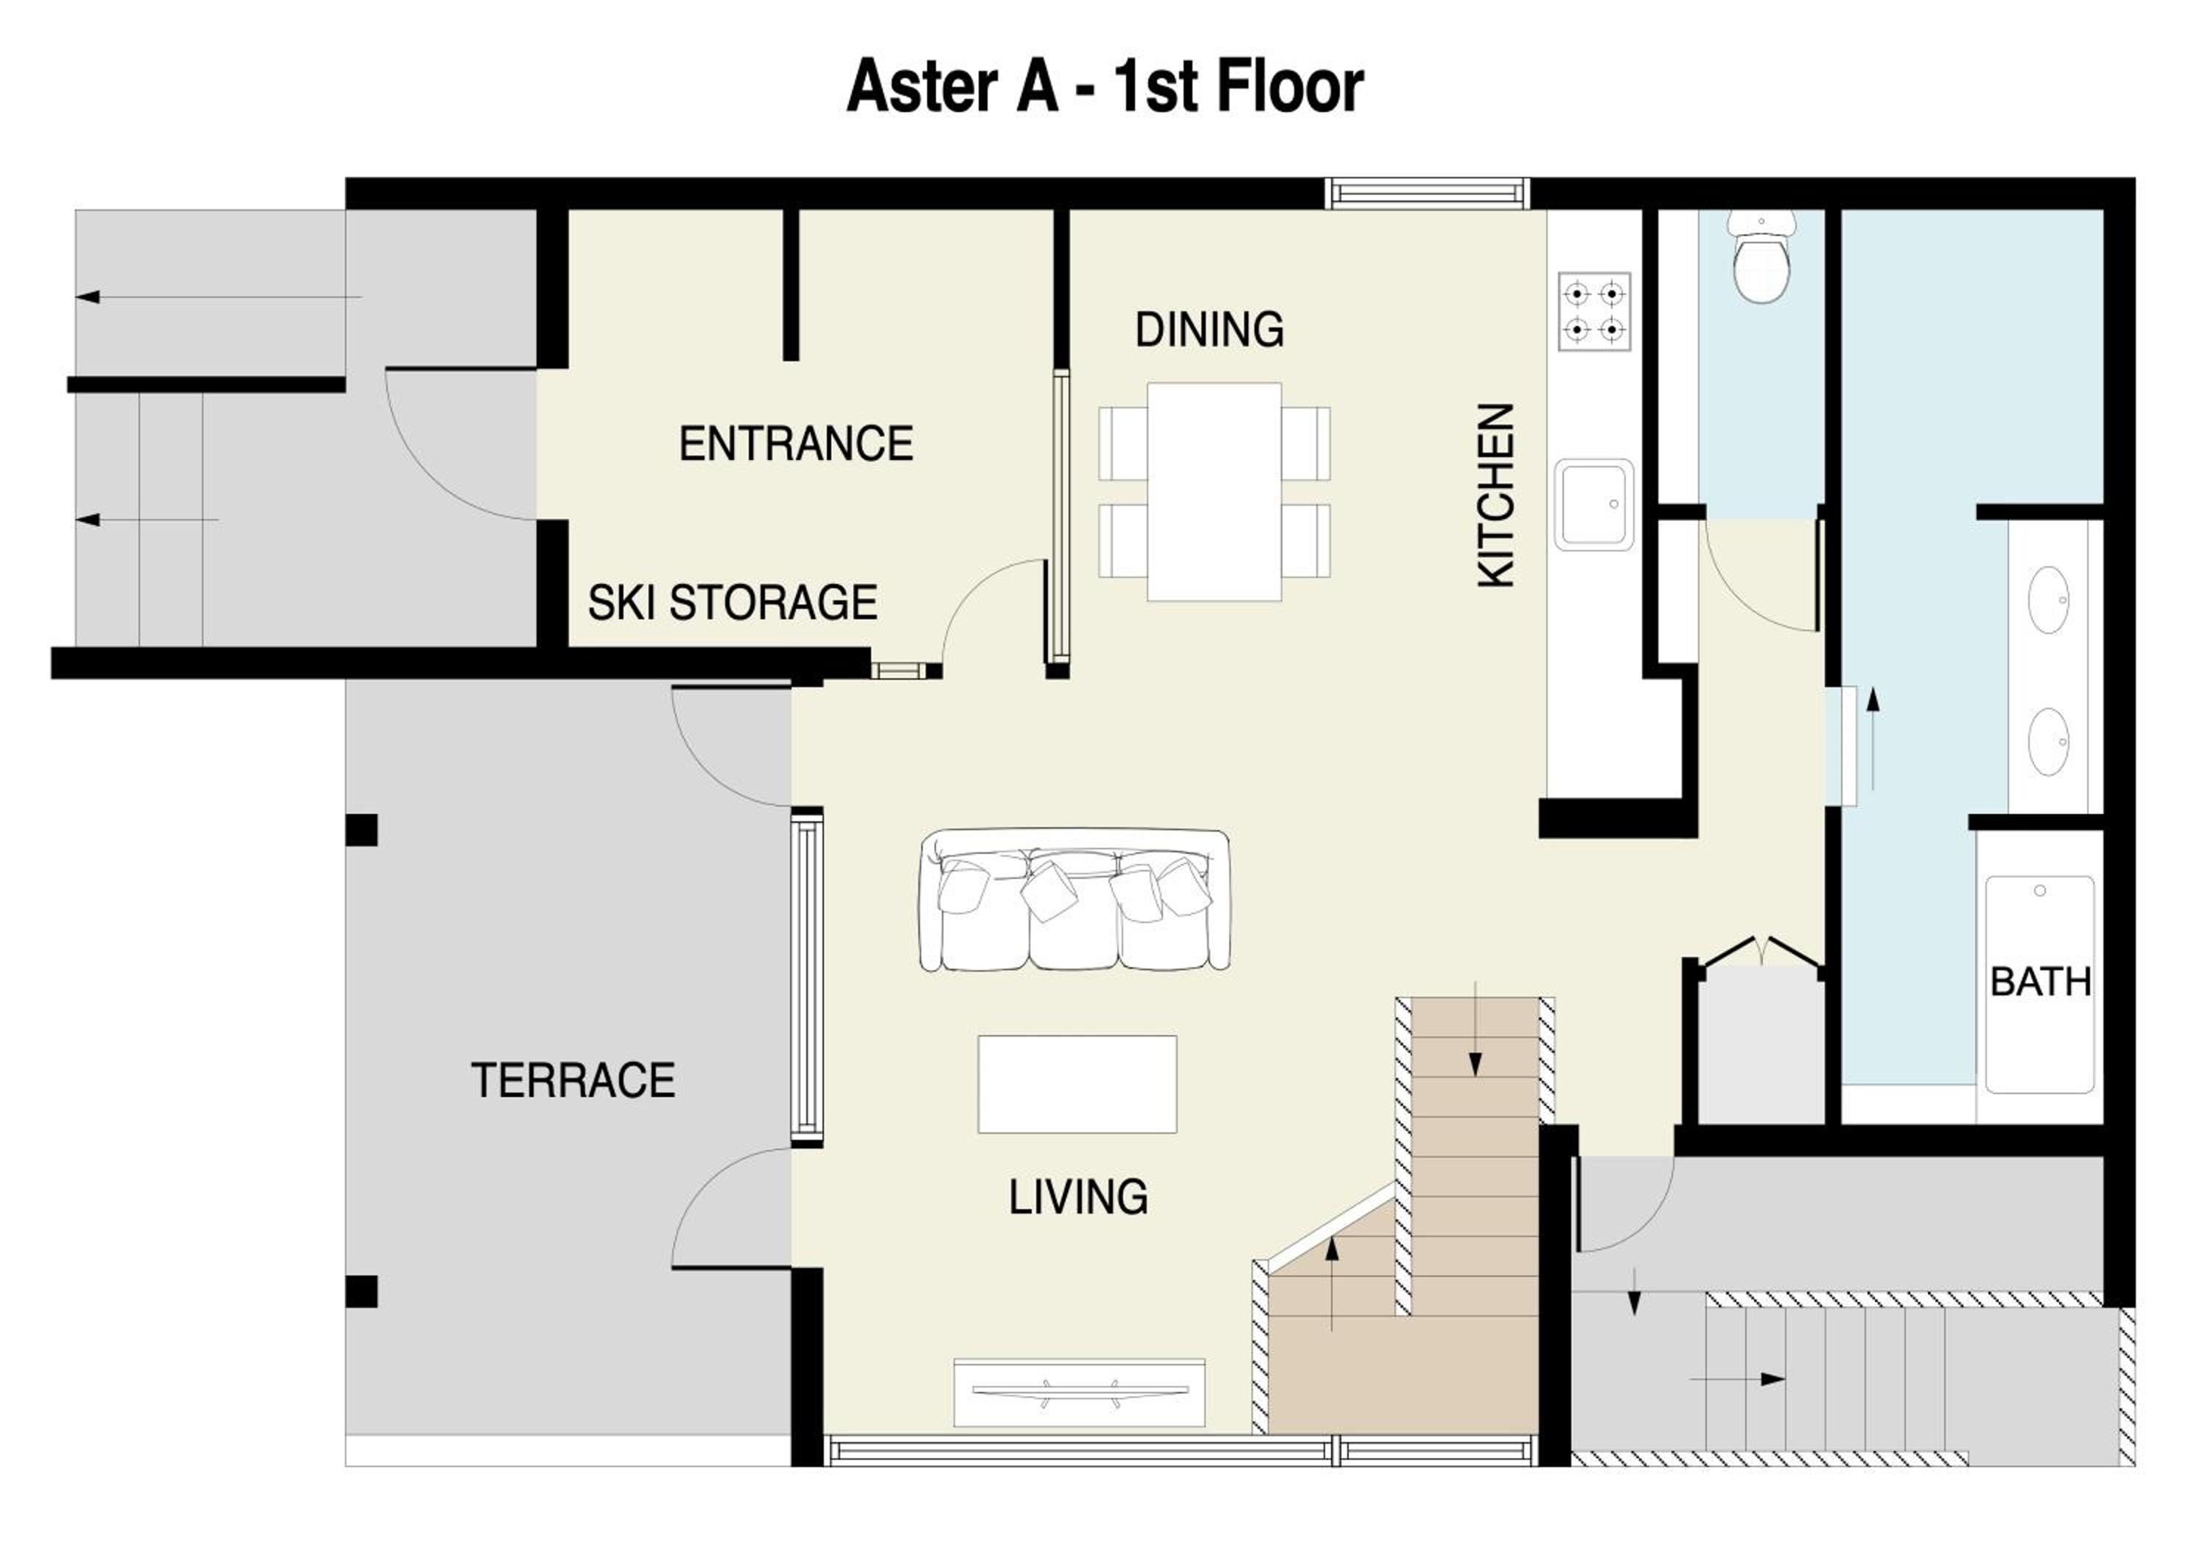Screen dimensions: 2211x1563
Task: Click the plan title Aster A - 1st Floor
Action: (1105, 88)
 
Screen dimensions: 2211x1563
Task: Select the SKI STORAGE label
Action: (732, 603)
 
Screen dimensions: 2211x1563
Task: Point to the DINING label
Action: (1209, 330)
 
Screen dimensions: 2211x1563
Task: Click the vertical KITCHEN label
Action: (1496, 495)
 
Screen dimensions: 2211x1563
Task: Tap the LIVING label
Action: (1077, 1197)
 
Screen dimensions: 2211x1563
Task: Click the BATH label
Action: (2041, 982)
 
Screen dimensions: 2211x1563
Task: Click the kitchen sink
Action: (1593, 504)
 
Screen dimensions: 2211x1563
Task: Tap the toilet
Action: (1761, 256)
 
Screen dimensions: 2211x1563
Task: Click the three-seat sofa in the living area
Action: (1075, 899)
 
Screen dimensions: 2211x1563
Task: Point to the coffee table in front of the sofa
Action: (1077, 1084)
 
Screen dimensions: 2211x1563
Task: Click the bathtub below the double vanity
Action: (2039, 984)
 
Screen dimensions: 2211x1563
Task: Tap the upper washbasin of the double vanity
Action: (2048, 600)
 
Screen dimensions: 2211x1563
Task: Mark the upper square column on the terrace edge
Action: (361, 830)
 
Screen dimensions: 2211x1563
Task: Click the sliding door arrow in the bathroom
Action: (1873, 738)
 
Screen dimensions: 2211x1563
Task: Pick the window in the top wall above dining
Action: (1427, 194)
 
